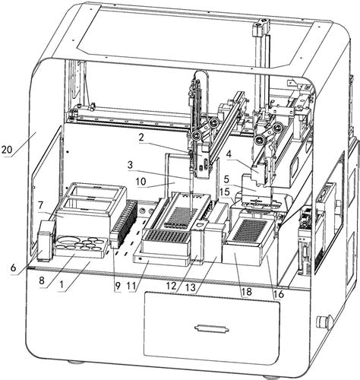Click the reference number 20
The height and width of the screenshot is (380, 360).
[x=7, y=150]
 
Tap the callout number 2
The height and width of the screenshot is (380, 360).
[x=141, y=138]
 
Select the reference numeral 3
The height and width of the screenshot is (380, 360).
[x=130, y=165]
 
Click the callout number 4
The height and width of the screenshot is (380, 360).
[x=229, y=154]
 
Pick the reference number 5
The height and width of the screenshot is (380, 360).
[x=226, y=179]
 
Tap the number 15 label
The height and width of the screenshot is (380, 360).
[x=225, y=192]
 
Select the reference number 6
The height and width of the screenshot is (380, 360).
[x=14, y=268]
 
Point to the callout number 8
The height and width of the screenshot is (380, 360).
[x=42, y=280]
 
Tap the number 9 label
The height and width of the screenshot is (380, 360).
[x=117, y=286]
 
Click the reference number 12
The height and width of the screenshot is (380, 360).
[x=172, y=286]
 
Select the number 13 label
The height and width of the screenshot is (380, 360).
[x=191, y=288]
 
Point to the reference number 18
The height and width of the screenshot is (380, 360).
[x=247, y=292]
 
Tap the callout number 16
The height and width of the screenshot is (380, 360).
[x=278, y=294]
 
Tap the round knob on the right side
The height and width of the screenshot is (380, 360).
[x=323, y=321]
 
